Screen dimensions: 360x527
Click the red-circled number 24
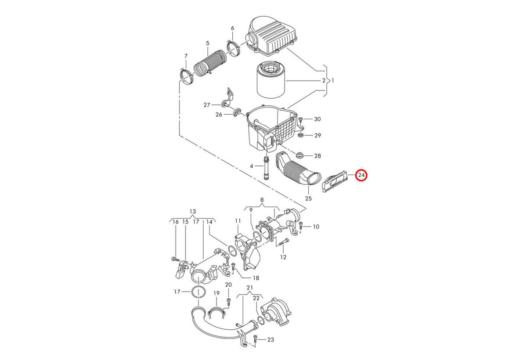pyautogui.click(x=361, y=176)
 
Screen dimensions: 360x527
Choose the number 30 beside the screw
pyautogui.click(x=318, y=119)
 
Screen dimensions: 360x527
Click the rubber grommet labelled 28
pyautogui.click(x=300, y=155)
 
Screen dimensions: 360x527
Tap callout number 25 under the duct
pyautogui.click(x=308, y=198)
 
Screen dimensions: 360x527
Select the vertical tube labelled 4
pyautogui.click(x=266, y=169)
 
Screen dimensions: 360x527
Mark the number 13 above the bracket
pyautogui.click(x=193, y=211)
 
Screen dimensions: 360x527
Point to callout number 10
pyautogui.click(x=316, y=227)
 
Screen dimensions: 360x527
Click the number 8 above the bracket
pyautogui.click(x=262, y=200)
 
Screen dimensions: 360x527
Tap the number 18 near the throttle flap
pyautogui.click(x=256, y=278)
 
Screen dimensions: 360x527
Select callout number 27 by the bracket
pyautogui.click(x=207, y=105)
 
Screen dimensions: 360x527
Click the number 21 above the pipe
pyautogui.click(x=250, y=288)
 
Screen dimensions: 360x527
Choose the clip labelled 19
pyautogui.click(x=217, y=313)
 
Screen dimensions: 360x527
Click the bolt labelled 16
pyautogui.click(x=174, y=259)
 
